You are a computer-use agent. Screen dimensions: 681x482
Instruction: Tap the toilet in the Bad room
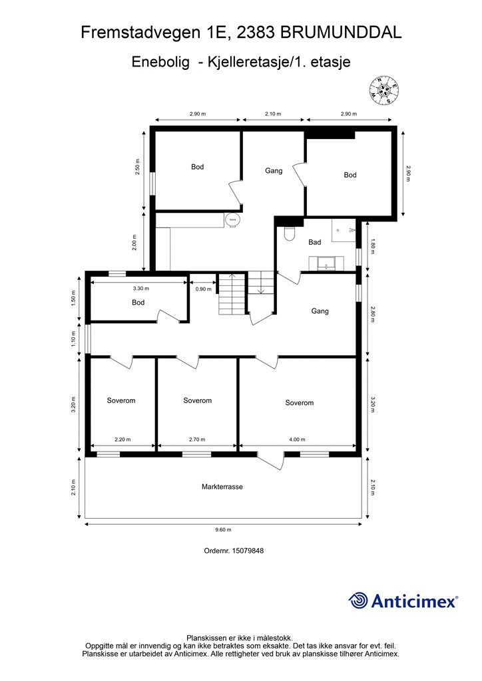[289, 233]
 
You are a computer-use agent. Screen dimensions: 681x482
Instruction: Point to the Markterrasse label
[222, 487]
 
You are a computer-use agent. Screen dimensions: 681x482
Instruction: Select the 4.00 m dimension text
[297, 440]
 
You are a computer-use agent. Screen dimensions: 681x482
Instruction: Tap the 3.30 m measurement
[140, 289]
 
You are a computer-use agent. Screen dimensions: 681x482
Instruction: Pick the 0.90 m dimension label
[203, 289]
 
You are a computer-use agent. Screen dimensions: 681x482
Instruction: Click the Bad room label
[314, 243]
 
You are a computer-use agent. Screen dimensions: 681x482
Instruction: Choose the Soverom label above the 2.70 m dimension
[197, 400]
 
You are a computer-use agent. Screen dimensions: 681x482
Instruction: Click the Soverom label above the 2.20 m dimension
[121, 400]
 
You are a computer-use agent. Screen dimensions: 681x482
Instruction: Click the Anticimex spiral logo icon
[358, 601]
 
